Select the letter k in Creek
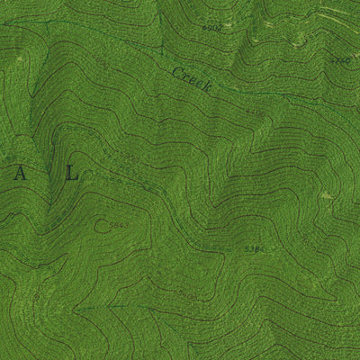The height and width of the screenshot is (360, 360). click(207, 89)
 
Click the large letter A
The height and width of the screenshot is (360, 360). click(19, 176)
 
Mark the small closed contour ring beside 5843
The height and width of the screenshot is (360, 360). click(102, 224)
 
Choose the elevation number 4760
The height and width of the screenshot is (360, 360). click(340, 60)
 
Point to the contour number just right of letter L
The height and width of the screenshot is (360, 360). click(131, 159)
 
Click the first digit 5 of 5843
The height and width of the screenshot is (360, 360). click(111, 219)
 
